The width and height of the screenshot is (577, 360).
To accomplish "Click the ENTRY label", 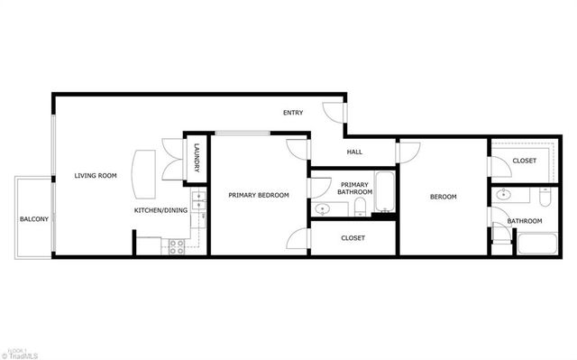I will (x=293, y=113).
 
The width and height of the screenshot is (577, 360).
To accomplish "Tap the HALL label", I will (x=354, y=152).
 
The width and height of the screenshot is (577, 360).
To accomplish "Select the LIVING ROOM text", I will (x=96, y=175).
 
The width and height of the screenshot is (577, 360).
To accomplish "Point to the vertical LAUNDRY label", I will (x=197, y=160).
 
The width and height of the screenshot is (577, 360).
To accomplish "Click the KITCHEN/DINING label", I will (x=160, y=210).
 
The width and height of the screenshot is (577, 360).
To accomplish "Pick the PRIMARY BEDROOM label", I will (x=259, y=195).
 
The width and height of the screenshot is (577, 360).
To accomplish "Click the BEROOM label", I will (x=443, y=197).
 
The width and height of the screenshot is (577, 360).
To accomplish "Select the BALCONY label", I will (x=34, y=219).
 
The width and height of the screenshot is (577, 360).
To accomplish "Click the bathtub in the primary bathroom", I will (x=384, y=189).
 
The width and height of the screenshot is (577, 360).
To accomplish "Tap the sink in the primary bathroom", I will (x=323, y=209).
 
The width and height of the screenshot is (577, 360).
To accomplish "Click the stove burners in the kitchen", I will (x=177, y=244).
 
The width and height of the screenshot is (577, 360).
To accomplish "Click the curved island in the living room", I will (x=144, y=173).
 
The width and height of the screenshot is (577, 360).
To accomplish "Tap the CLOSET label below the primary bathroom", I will (x=353, y=238).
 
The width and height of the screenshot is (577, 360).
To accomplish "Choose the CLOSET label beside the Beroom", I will (x=524, y=161).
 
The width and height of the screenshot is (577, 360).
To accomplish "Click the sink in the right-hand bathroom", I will (x=504, y=194).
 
